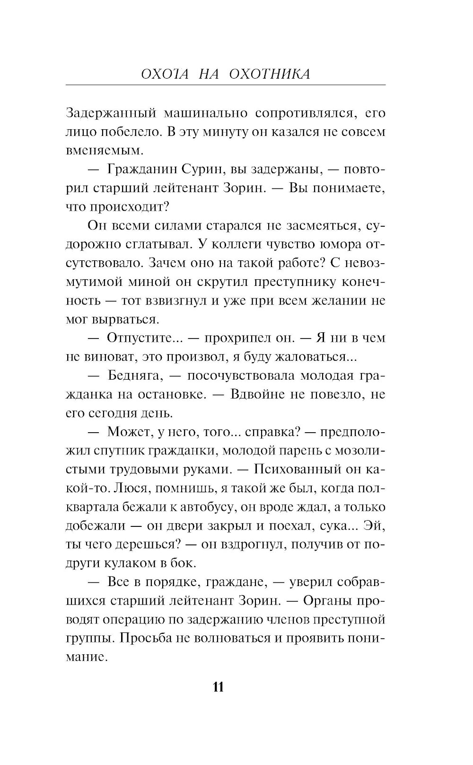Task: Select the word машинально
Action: click(203, 114)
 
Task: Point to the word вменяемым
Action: click(97, 151)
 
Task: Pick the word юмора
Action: click(342, 245)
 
